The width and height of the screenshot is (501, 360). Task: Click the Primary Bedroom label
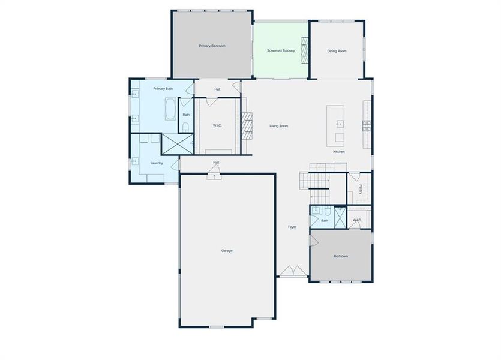tap(212, 46)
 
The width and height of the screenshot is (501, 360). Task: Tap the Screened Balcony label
tap(281, 51)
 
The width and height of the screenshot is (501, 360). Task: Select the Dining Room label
tap(337, 51)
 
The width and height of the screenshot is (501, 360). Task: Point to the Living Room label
tap(279, 126)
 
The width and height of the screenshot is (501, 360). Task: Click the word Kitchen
tap(339, 151)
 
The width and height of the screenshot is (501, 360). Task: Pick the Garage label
tap(227, 251)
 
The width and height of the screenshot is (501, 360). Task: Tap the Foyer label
tap(292, 227)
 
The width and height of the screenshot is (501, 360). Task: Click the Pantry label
tap(360, 189)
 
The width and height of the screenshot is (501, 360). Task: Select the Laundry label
tap(157, 163)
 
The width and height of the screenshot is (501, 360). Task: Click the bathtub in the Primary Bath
tap(170, 110)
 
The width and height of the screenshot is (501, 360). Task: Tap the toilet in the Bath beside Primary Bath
tap(186, 127)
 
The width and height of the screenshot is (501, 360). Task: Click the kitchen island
tap(336, 125)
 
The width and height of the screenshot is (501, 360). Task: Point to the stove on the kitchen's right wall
tap(365, 125)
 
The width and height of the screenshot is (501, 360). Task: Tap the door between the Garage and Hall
tap(213, 174)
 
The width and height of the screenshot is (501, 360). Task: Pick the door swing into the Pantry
tap(354, 176)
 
